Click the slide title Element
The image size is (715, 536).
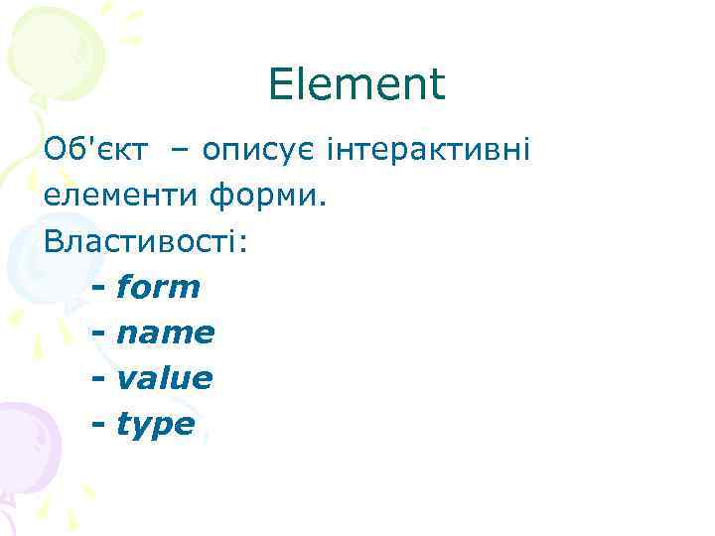click(x=357, y=85)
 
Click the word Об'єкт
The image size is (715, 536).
click(x=97, y=150)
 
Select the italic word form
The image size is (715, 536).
click(x=158, y=287)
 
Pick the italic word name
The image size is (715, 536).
click(x=165, y=334)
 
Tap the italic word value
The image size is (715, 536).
click(x=164, y=378)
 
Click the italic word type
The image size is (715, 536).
click(x=156, y=426)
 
